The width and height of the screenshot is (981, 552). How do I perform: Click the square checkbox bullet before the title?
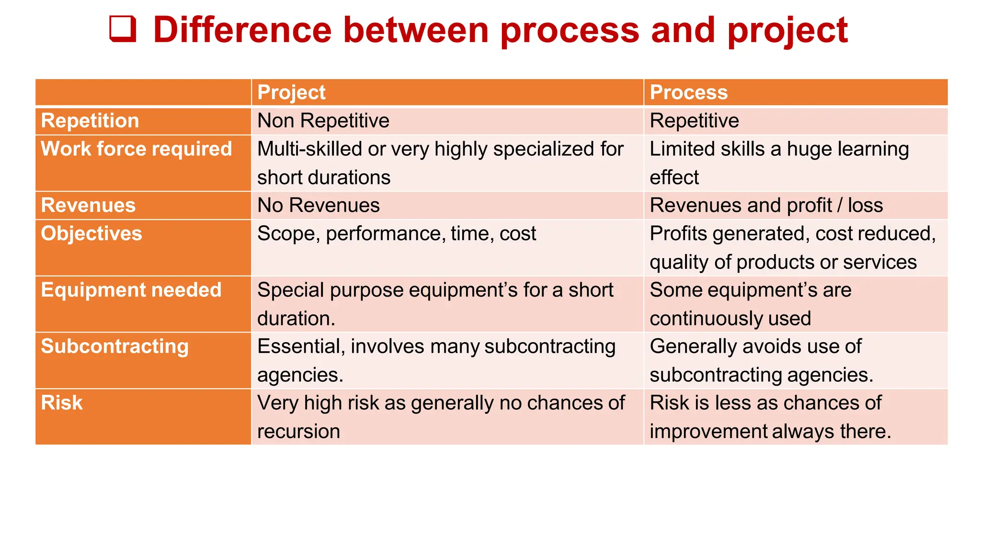pos(123,29)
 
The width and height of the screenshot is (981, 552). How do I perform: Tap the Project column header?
pos(291,92)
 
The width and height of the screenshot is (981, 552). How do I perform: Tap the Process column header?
pos(688,92)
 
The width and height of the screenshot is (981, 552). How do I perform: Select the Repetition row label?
pos(90,121)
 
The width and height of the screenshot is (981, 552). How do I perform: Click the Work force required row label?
pos(137,149)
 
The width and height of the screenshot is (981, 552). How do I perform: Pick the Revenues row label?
pos(89,206)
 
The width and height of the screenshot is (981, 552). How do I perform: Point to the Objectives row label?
pos(91,234)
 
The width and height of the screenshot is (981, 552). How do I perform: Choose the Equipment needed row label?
pos(131,290)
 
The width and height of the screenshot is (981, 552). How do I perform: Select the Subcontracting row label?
pos(115,346)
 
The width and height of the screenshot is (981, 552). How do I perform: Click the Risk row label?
pos(62,403)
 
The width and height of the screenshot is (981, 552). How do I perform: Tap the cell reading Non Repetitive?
pos(323,121)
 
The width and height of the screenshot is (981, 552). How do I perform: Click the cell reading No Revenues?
pos(319,206)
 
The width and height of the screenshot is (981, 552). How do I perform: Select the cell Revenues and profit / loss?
pos(766,206)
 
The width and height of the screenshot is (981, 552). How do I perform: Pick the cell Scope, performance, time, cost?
pos(397,234)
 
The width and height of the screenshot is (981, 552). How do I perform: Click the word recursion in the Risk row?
pos(298,431)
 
